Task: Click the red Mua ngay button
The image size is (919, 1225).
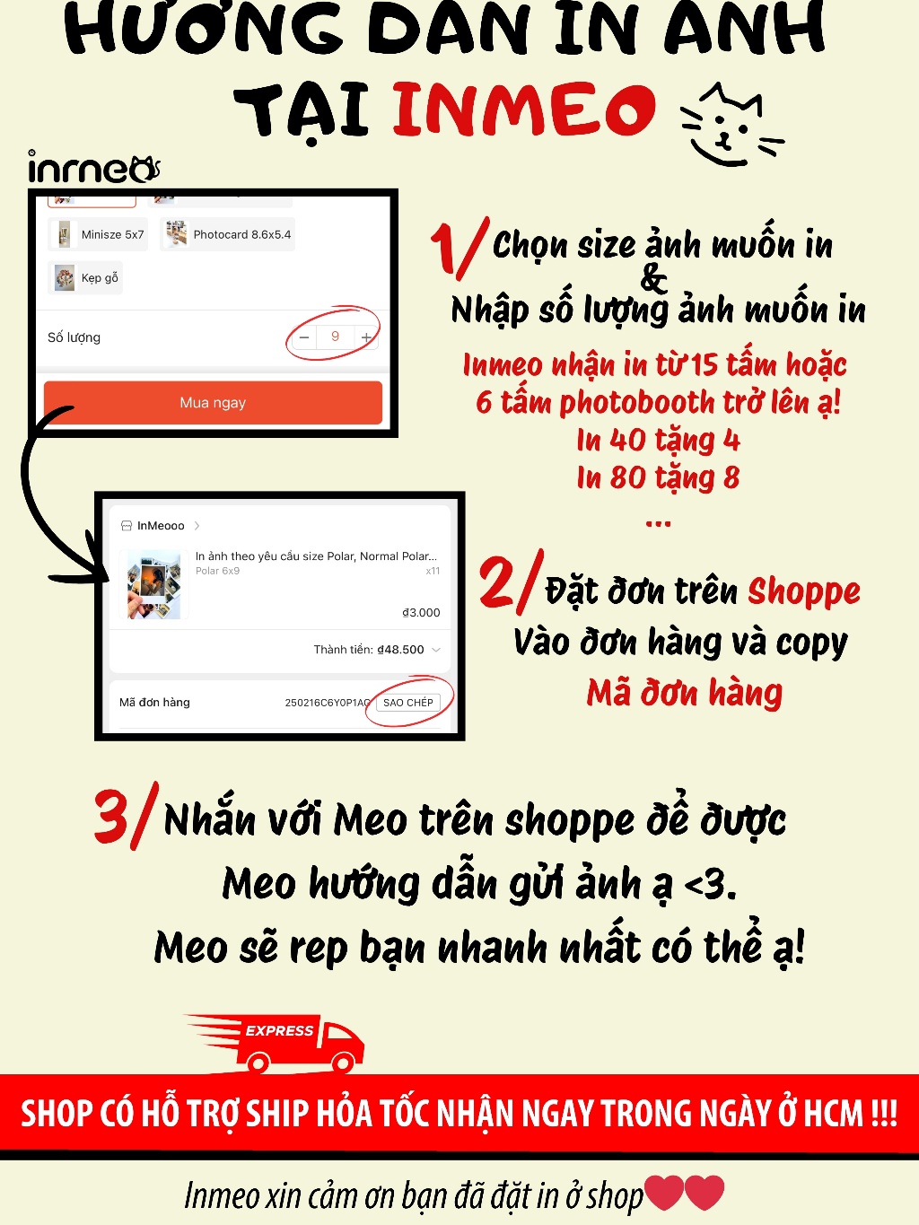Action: [x=213, y=402]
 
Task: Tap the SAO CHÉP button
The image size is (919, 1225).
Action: [x=407, y=702]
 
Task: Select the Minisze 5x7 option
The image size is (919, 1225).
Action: [x=98, y=234]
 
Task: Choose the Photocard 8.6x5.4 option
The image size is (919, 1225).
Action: [x=228, y=234]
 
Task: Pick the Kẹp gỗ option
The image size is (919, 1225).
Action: [x=85, y=278]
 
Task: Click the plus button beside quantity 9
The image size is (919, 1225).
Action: [x=366, y=337]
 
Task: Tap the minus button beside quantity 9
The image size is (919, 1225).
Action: [x=304, y=337]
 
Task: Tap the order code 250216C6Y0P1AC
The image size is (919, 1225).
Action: [x=328, y=703]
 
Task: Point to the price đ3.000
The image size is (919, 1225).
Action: [x=421, y=612]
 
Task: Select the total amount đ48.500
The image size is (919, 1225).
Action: [x=400, y=649]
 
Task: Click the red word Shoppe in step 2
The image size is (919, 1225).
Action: [x=804, y=592]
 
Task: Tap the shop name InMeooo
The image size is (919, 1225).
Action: [x=161, y=526]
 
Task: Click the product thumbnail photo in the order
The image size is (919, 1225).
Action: [x=154, y=584]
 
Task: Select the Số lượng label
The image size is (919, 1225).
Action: [x=74, y=337]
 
